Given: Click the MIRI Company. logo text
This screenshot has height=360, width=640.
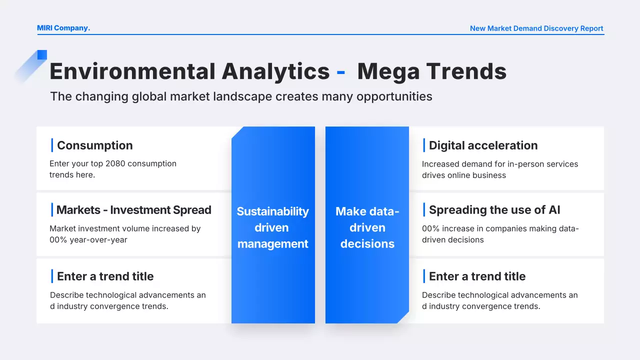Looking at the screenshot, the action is pos(63,28).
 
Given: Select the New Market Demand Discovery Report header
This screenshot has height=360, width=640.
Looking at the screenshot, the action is pos(536,28).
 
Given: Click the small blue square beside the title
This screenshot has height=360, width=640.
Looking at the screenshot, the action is pos(42,54).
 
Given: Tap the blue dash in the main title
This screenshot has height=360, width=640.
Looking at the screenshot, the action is pos(340,72).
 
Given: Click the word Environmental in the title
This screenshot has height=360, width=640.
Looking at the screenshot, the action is pos(132,71).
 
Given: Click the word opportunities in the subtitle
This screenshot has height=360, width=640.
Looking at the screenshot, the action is pos(394,96).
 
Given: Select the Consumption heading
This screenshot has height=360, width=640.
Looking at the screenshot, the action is pos(95,145).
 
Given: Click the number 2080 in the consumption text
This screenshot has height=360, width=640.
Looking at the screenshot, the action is pos(115,163).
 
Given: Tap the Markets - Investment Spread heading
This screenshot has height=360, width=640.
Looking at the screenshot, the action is pos(133,210).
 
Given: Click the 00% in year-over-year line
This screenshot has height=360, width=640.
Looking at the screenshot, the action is pos(58,239).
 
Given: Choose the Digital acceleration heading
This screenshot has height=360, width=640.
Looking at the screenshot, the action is pos(483,145).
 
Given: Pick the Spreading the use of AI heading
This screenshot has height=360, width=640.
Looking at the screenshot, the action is pos(494,210).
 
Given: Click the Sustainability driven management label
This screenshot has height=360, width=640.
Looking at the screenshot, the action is pos(272,227).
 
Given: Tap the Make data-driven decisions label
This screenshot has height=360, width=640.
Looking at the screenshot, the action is pos(367,227).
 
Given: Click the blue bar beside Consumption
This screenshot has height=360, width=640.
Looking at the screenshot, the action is pos(52,145).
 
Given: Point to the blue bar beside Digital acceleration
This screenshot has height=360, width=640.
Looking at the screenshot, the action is pos(424,145).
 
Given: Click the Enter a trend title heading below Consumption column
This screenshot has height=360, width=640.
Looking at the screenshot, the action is pos(105,276).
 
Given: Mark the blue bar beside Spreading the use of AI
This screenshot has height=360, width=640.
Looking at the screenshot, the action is pos(424,209).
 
